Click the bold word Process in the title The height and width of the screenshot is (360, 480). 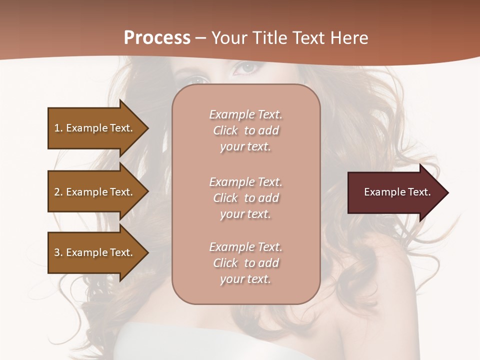[157, 37]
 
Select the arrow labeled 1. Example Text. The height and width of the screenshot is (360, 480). [92, 128]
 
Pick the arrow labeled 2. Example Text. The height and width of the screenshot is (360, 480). [92, 192]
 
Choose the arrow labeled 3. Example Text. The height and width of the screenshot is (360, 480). [92, 252]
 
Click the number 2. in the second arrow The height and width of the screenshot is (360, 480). [58, 192]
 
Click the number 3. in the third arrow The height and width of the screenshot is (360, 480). [58, 252]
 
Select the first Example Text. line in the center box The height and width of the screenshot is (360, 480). [245, 114]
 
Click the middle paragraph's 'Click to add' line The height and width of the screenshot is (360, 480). [245, 198]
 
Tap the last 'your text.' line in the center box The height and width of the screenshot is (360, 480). [245, 279]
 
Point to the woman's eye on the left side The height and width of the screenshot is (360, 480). [199, 79]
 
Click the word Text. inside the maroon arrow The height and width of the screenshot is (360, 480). [419, 192]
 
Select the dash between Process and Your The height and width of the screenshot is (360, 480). [201, 38]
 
